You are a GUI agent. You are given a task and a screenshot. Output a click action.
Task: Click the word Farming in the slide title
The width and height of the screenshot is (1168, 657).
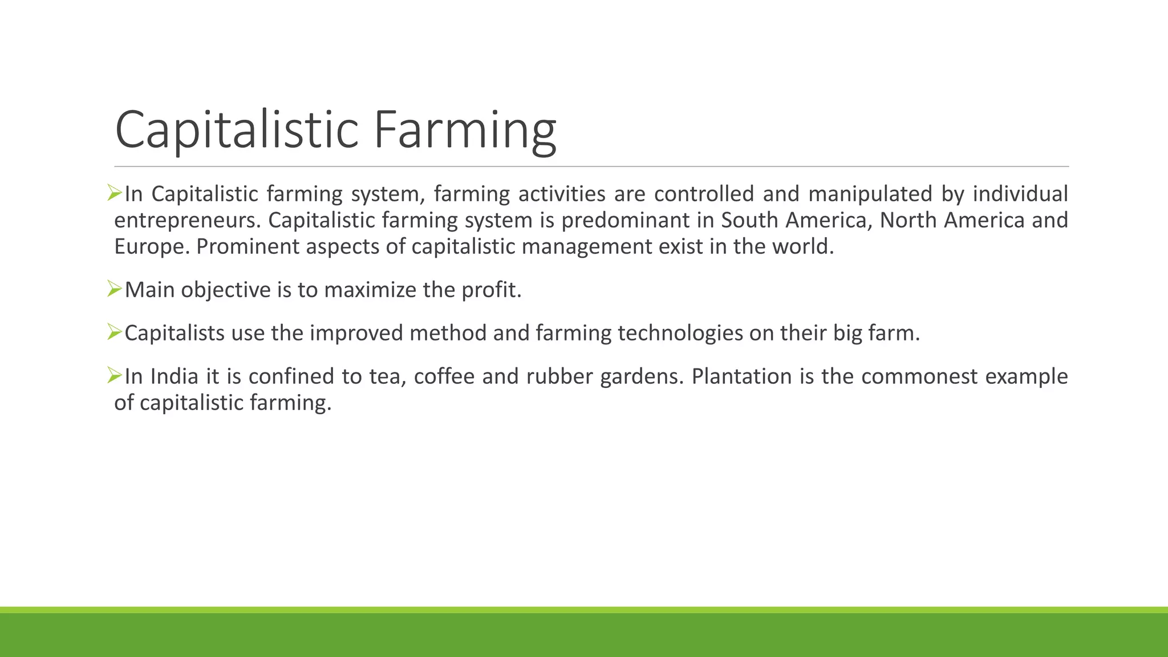pos(464,130)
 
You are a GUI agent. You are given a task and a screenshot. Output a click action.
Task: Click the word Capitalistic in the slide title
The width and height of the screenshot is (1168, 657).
pos(236,130)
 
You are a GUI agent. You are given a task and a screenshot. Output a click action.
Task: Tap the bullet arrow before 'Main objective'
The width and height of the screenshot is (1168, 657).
pos(115,289)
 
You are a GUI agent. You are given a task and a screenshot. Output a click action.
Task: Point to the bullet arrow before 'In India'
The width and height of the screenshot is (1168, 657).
pos(115,375)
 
